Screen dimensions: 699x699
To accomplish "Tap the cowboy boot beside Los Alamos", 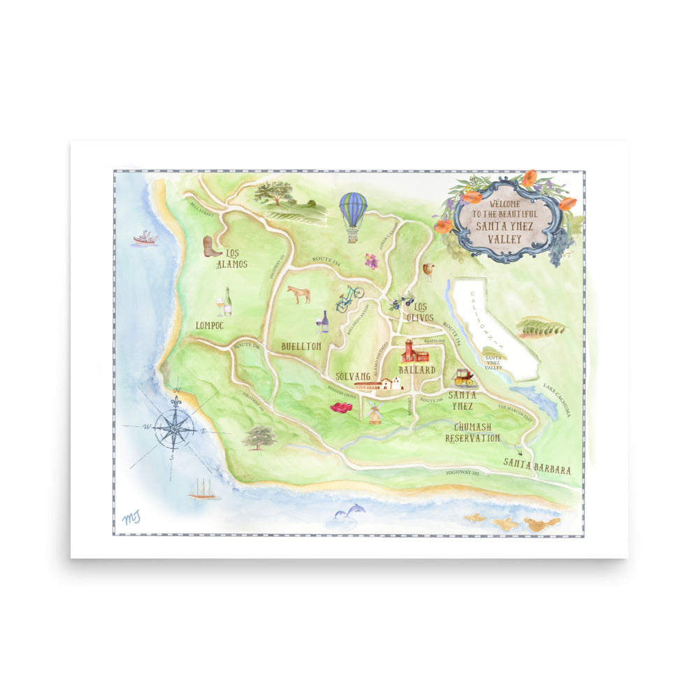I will [211, 246].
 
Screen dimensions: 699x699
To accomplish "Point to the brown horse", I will [299, 294].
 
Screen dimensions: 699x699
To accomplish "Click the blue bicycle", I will [349, 298].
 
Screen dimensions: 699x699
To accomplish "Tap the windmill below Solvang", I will [375, 414].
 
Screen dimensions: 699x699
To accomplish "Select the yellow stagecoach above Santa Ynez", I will [463, 377].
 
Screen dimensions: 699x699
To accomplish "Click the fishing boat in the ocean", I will [145, 238].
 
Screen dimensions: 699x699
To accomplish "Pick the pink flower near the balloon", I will [371, 261].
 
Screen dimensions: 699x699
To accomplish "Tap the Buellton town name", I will [301, 346].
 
